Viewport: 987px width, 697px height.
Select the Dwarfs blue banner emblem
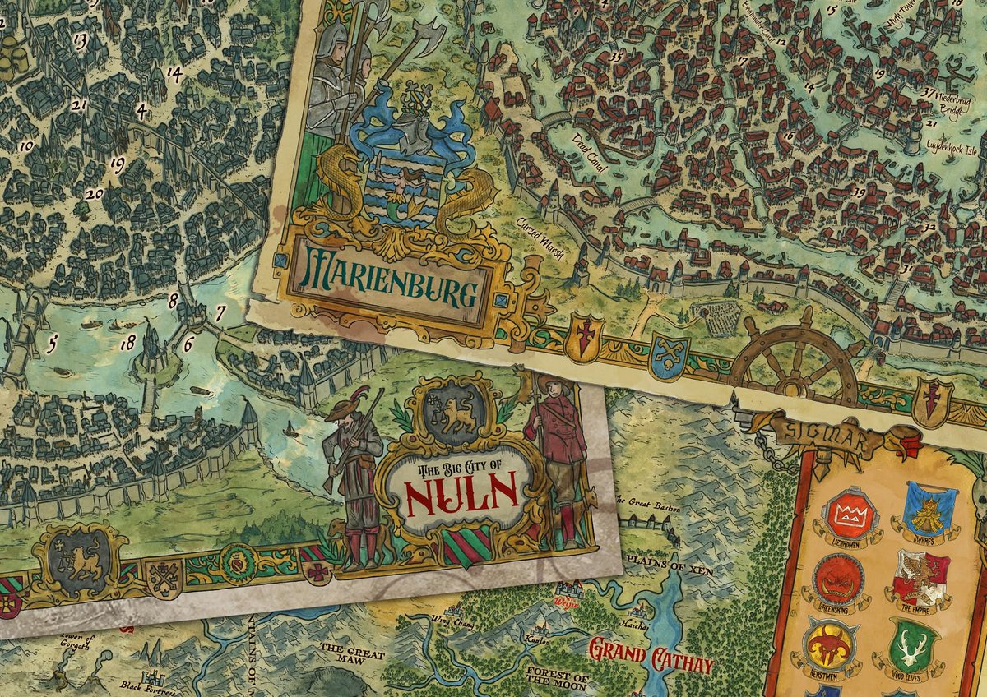(x=929, y=510)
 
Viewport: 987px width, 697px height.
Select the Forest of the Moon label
(x=556, y=678)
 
